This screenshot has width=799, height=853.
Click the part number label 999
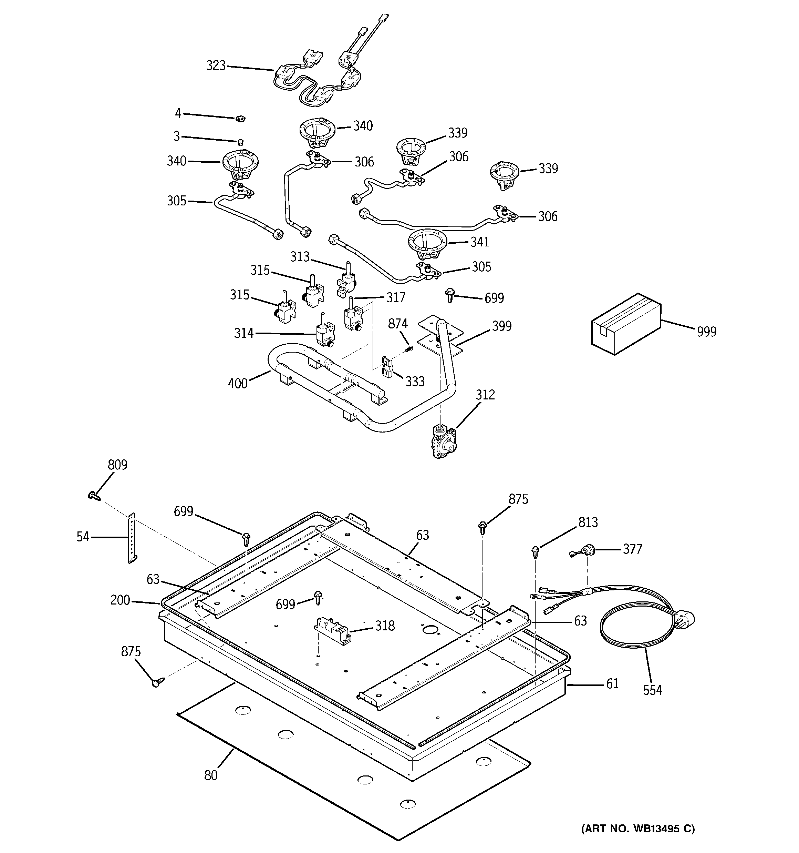706,332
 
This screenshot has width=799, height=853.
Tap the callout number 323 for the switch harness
216,65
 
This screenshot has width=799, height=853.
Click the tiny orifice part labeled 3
241,142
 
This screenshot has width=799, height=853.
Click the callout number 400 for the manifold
238,383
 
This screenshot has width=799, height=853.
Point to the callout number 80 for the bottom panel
210,775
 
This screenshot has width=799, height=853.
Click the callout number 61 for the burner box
612,683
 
